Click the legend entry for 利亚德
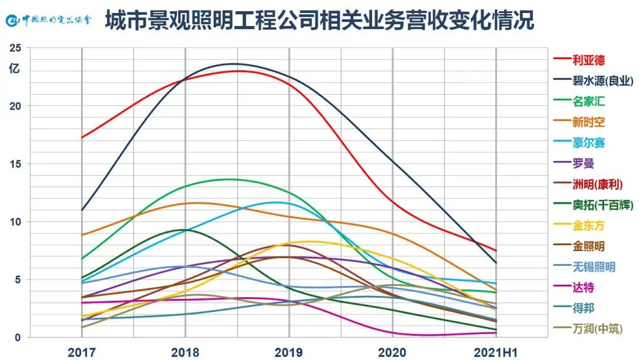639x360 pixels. pyautogui.click(x=588, y=60)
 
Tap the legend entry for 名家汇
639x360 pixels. pyautogui.click(x=588, y=101)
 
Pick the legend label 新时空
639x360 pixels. pyautogui.click(x=588, y=122)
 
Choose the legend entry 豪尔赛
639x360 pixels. pyautogui.click(x=588, y=143)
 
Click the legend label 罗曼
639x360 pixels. pyautogui.click(x=583, y=163)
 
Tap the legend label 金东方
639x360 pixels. pyautogui.click(x=588, y=226)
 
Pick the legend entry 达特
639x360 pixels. pyautogui.click(x=583, y=287)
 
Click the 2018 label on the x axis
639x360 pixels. pyautogui.click(x=185, y=352)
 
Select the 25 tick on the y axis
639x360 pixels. pyautogui.click(x=15, y=48)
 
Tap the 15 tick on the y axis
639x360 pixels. pyautogui.click(x=15, y=163)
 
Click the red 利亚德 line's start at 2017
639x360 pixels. pyautogui.click(x=82, y=137)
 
